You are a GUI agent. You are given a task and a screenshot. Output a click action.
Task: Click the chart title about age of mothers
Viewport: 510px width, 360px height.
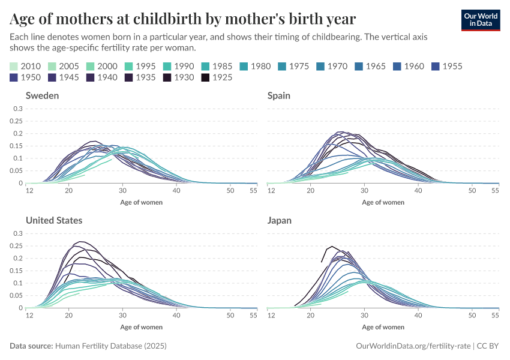pos(183,19)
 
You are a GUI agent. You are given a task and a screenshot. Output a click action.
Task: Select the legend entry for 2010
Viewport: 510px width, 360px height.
pos(26,66)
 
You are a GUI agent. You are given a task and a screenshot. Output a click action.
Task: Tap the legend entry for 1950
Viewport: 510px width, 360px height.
pos(26,77)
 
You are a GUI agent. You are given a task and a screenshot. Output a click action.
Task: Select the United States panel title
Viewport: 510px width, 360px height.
pos(54,220)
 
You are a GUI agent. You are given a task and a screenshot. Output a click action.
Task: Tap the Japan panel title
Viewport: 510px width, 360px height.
pos(280,220)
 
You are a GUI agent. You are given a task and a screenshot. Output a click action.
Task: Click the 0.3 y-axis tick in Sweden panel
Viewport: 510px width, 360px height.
pos(18,109)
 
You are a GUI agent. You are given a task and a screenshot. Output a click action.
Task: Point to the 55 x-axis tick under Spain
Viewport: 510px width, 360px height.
pos(496,190)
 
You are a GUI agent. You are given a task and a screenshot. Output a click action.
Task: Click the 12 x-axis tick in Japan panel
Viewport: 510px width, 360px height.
pos(271,315)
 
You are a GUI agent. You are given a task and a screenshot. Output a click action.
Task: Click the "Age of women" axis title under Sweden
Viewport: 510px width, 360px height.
pos(142,202)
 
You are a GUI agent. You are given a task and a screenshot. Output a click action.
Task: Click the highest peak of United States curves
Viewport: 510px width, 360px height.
pos(79,242)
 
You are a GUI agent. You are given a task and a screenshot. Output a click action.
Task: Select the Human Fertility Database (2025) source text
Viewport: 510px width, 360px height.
pos(110,346)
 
